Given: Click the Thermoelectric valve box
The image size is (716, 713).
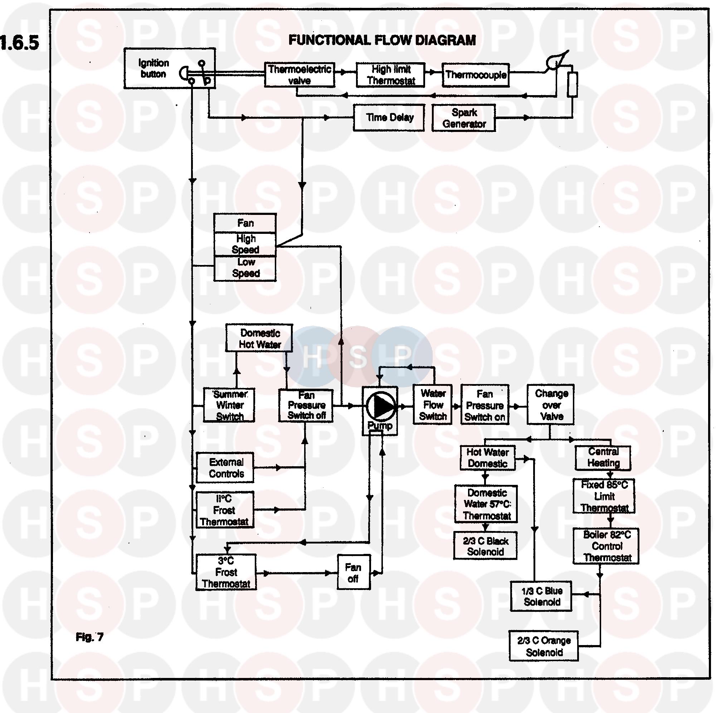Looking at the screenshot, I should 299,75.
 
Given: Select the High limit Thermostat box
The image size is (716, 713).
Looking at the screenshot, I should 391,75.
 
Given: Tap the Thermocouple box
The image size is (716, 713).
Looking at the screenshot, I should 476,75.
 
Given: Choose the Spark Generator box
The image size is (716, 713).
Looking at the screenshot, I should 464,118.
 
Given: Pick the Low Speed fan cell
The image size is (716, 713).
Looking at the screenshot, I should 245,268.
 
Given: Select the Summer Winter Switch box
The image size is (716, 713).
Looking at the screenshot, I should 229,405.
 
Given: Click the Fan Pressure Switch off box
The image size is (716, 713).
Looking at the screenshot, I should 306,405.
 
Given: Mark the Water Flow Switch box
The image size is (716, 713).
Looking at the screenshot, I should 433,405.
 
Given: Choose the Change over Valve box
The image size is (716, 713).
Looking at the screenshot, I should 551,404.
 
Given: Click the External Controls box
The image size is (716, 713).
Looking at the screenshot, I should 225,468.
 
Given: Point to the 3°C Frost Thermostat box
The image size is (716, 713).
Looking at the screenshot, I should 226,572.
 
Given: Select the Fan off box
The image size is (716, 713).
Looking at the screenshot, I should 354,572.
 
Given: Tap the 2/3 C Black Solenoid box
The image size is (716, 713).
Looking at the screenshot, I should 485,546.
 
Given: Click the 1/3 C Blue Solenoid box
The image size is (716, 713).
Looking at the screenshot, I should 541,596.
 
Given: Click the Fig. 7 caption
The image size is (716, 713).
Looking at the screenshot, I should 89,637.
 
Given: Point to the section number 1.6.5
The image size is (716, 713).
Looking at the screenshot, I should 19,43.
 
